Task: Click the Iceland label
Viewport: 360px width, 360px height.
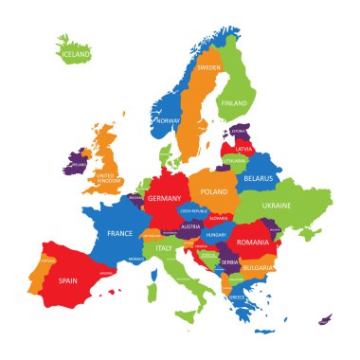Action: (x=76, y=55)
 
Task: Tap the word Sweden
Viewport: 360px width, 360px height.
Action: (x=208, y=68)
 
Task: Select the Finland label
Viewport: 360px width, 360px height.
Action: (x=233, y=103)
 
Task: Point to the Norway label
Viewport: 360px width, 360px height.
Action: (x=168, y=121)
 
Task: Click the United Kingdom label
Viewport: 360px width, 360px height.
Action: (x=109, y=177)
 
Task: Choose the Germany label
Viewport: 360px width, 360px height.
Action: (x=164, y=198)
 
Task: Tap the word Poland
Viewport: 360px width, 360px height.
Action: (x=213, y=190)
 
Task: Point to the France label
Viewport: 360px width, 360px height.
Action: (x=119, y=233)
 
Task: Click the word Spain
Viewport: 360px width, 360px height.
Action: (x=67, y=280)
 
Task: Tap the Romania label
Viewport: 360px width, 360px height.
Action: (x=253, y=243)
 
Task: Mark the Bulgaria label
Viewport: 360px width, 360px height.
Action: (x=255, y=268)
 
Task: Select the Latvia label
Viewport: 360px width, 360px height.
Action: (x=244, y=149)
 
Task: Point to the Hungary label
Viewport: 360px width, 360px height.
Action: (x=217, y=234)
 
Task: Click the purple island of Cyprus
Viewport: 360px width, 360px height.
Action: (x=325, y=319)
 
